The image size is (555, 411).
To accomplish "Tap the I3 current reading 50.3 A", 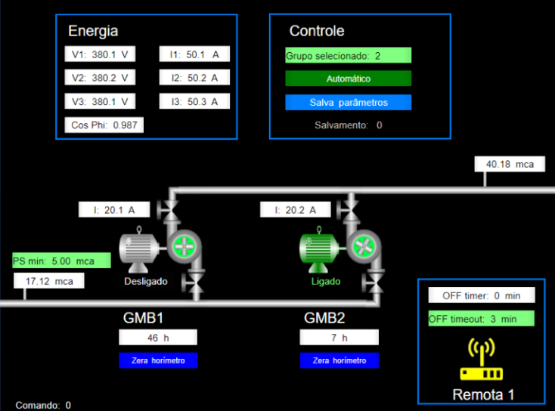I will [x=194, y=101].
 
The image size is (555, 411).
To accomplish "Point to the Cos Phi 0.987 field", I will [x=104, y=125].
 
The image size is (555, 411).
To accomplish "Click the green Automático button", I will [x=348, y=79].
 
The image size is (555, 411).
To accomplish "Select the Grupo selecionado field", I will [x=348, y=55].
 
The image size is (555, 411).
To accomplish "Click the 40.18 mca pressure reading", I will [x=510, y=164].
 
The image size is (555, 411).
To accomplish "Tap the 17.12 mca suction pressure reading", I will [x=49, y=281].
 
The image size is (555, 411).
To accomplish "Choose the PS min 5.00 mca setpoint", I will [x=61, y=261].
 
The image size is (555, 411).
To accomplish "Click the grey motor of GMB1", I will [x=141, y=249].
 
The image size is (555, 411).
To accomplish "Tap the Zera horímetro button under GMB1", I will [x=158, y=360].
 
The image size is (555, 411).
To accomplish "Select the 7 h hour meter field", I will [x=339, y=338].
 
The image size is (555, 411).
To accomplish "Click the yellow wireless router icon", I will [x=482, y=360].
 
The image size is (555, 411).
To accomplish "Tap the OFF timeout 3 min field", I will [x=481, y=319].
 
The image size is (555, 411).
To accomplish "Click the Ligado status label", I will [x=326, y=281].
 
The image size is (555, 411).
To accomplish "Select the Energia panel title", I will [x=93, y=31].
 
